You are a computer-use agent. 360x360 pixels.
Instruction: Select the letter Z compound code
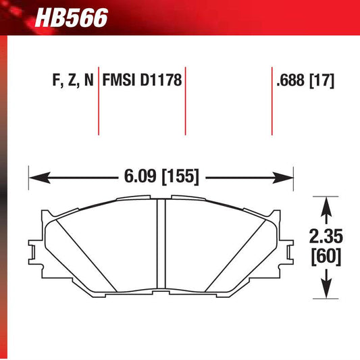click(70, 82)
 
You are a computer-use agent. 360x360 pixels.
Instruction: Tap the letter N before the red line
click(88, 82)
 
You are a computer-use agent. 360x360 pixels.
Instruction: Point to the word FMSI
click(119, 82)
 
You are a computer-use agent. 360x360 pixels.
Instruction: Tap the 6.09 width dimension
click(138, 178)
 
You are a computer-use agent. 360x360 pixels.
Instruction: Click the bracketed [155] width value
click(180, 178)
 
